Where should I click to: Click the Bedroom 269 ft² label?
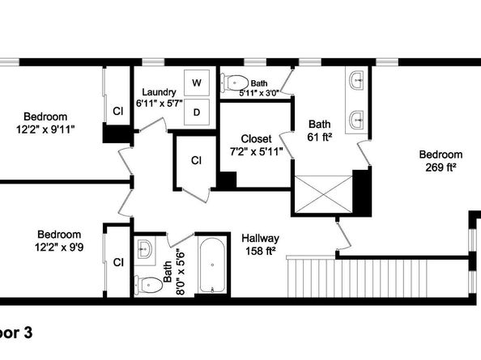(x=441, y=161)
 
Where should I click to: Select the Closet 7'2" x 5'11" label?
(x=255, y=145)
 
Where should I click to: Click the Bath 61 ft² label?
(x=319, y=130)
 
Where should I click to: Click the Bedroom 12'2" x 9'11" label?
(x=45, y=122)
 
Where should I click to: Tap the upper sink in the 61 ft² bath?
(x=357, y=81)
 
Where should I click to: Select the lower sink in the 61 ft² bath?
(x=357, y=121)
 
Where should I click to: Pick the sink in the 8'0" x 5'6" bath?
(x=144, y=249)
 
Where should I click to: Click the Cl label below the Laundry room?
(x=195, y=160)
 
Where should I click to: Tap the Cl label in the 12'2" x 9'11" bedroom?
(x=117, y=112)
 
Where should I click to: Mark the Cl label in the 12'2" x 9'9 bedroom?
(x=117, y=262)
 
